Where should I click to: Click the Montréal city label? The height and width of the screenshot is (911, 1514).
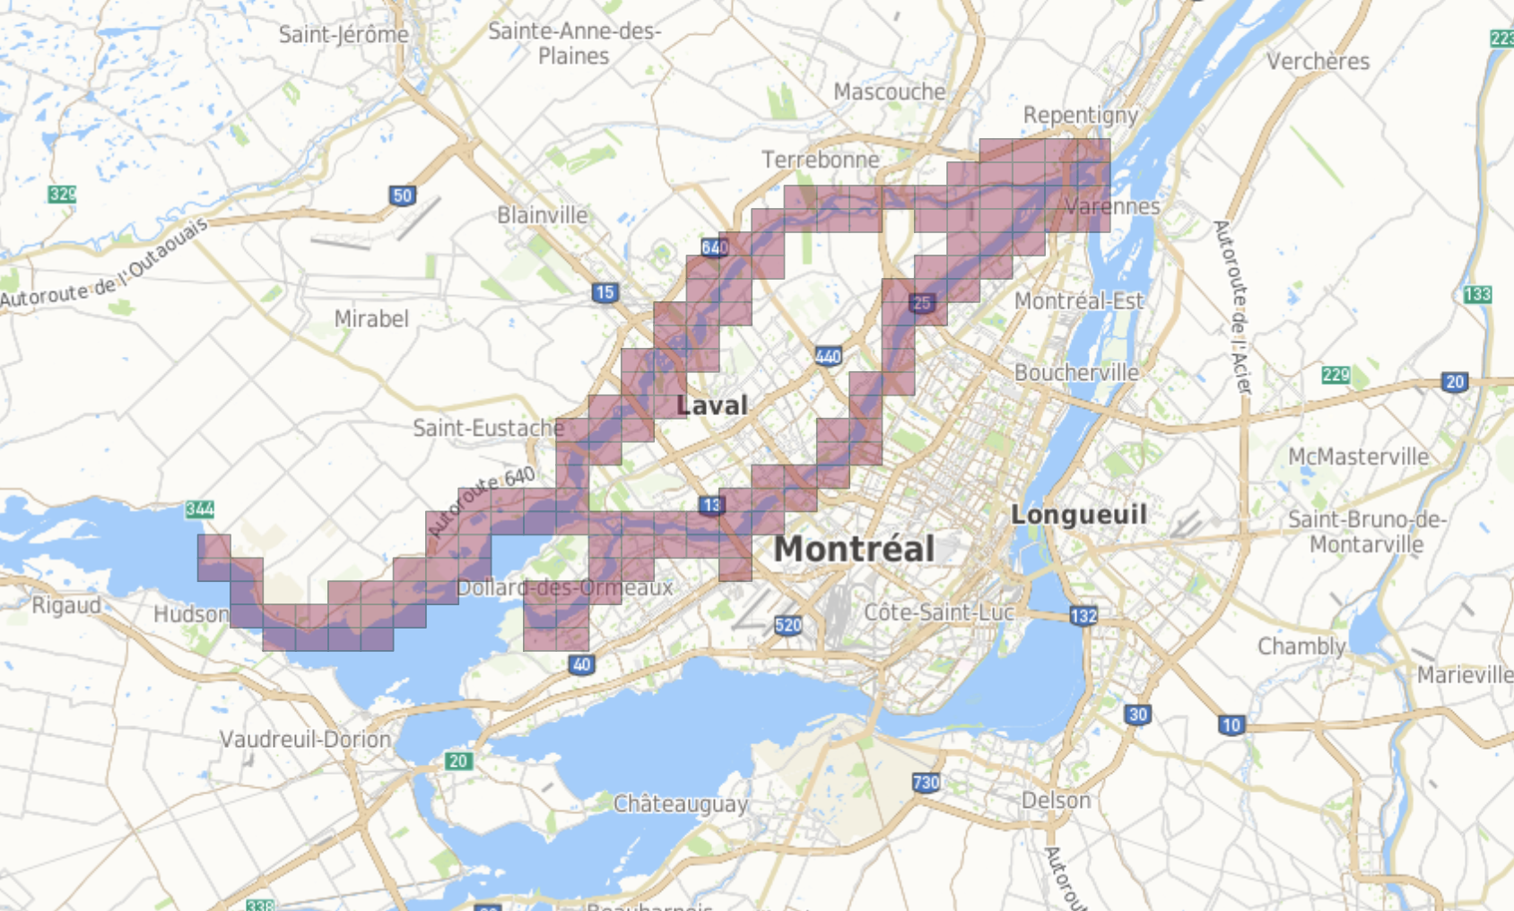click(854, 549)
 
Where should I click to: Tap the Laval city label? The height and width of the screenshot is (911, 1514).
click(712, 405)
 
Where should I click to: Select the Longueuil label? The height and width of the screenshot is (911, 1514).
click(1078, 515)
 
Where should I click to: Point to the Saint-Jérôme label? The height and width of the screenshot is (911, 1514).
click(344, 35)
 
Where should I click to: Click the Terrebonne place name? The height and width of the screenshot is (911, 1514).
click(821, 160)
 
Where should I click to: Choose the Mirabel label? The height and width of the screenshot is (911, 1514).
click(371, 318)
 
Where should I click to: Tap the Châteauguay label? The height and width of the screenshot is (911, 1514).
click(680, 803)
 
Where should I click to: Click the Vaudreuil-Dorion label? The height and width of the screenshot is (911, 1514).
click(306, 739)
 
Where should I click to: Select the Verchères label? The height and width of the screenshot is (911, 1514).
click(1318, 61)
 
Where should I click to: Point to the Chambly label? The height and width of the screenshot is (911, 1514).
click(1301, 646)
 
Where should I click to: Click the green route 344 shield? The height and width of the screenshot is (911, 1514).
click(200, 509)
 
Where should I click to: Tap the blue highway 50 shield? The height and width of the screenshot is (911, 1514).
click(403, 195)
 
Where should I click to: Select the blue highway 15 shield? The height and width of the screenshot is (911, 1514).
click(605, 292)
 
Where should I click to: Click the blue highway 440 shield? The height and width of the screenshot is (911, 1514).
click(828, 357)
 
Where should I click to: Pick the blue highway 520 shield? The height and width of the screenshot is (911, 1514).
click(787, 625)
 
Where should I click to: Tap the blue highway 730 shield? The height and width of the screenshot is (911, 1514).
click(926, 783)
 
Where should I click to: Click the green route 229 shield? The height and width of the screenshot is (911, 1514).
click(1336, 375)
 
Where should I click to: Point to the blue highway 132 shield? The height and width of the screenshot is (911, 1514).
click(1083, 616)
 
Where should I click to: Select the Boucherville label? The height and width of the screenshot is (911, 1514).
click(1076, 372)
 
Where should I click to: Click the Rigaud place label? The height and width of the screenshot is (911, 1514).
click(66, 605)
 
